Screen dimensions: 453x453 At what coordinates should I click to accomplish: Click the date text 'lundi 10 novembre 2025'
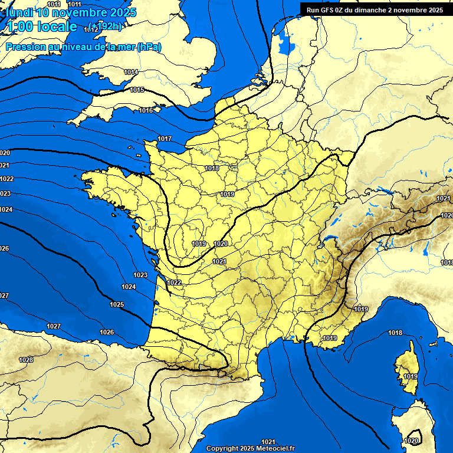pos(70,12)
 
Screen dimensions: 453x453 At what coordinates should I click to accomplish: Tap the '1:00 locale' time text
pos(41,27)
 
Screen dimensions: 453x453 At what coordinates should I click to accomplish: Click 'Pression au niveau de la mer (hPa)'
pos(83,47)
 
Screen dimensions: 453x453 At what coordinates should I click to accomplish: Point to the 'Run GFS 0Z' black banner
pos(375,9)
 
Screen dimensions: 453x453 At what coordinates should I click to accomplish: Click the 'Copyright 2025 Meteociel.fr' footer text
pos(250,448)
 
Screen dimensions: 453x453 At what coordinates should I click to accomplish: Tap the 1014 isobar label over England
pos(131,72)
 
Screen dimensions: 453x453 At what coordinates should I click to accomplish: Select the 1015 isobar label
pos(137,90)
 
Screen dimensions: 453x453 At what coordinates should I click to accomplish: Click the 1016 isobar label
pos(146,110)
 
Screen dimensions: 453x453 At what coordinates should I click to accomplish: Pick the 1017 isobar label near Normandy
pos(165,139)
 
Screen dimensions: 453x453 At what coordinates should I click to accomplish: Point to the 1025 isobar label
pos(117,304)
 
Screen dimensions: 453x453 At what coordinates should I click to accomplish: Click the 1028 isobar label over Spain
pos(26,360)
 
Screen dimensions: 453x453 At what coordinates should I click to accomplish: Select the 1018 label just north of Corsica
pos(395,333)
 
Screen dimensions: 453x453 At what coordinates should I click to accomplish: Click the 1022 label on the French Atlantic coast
pos(174,283)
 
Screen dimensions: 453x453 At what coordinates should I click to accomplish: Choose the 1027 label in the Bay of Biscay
pos(54,326)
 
